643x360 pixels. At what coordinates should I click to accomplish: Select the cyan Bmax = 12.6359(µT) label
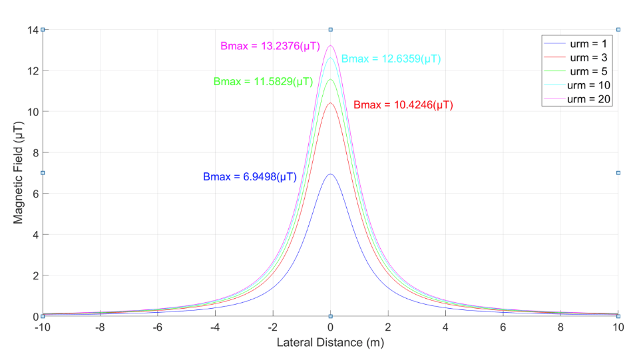point(391,59)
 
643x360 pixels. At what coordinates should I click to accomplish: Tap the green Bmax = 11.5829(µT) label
point(262,82)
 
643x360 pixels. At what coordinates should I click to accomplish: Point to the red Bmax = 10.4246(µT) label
point(403,105)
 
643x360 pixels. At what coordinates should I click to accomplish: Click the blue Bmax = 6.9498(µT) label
point(250,177)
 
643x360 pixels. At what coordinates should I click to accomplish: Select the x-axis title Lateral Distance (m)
point(330,343)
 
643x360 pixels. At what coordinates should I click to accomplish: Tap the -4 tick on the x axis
point(215,327)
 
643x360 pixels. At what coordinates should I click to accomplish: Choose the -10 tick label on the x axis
point(43,327)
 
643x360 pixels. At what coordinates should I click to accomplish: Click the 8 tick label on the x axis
point(560,327)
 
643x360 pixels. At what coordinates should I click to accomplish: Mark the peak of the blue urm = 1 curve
point(330,174)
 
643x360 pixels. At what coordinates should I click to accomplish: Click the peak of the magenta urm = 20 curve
point(330,45)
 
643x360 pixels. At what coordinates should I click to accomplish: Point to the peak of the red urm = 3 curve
point(330,102)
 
